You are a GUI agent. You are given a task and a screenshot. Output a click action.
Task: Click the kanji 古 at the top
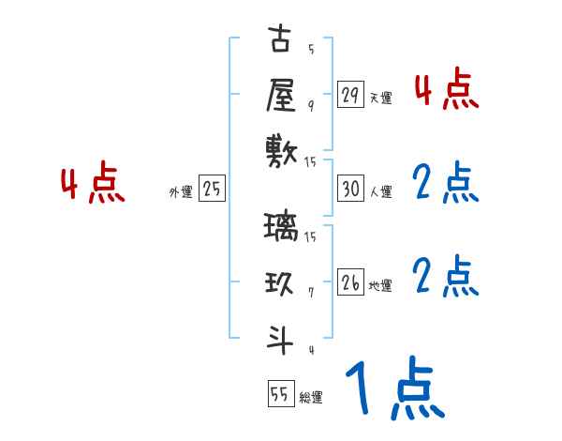pos(281,42)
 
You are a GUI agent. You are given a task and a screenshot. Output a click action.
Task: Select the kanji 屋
pos(281,95)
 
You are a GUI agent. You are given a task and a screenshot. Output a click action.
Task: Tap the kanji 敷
pos(281,150)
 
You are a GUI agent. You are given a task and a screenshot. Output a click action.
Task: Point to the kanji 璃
pos(281,228)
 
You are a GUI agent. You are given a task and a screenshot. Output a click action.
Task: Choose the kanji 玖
pos(281,282)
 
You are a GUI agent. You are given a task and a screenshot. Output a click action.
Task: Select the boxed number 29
pos(351,95)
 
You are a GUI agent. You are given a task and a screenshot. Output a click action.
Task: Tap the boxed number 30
pos(351,190)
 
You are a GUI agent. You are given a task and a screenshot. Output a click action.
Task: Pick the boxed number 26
pos(351,282)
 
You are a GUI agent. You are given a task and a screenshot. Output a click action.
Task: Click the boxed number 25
pos(212,190)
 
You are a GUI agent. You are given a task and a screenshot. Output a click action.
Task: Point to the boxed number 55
pos(280,394)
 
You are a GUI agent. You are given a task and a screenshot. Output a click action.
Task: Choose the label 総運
pos(311,397)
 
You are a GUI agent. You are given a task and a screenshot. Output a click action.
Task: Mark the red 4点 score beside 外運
pos(93,185)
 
